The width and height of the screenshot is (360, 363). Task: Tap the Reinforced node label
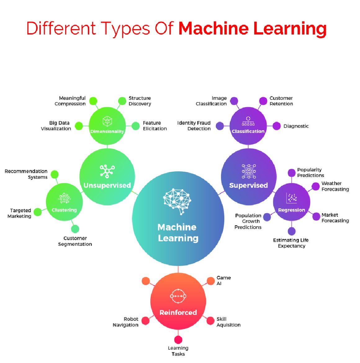(x=178, y=312)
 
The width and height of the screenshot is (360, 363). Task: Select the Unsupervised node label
(x=107, y=185)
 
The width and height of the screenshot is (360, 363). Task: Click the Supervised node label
(x=248, y=185)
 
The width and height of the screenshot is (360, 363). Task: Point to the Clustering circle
(x=64, y=202)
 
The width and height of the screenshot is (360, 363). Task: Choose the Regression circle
(x=291, y=202)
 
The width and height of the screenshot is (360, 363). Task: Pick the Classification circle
(x=248, y=126)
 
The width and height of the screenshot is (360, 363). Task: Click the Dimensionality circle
(x=107, y=126)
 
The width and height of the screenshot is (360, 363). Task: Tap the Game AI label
(x=223, y=280)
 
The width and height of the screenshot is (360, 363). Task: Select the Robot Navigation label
(x=126, y=322)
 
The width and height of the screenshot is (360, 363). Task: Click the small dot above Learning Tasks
(x=178, y=339)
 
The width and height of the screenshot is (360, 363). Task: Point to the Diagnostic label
(x=296, y=126)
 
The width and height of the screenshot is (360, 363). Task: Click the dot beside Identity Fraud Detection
(x=220, y=126)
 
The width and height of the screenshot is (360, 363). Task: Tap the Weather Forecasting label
(x=335, y=186)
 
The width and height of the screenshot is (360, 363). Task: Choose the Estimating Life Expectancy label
(x=291, y=243)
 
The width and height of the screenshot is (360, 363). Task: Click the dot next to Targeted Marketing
(x=38, y=212)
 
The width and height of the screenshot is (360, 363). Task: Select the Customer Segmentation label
(x=75, y=241)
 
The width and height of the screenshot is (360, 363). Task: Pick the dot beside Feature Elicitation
(x=136, y=126)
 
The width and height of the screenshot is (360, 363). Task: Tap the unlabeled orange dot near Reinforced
(x=146, y=281)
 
